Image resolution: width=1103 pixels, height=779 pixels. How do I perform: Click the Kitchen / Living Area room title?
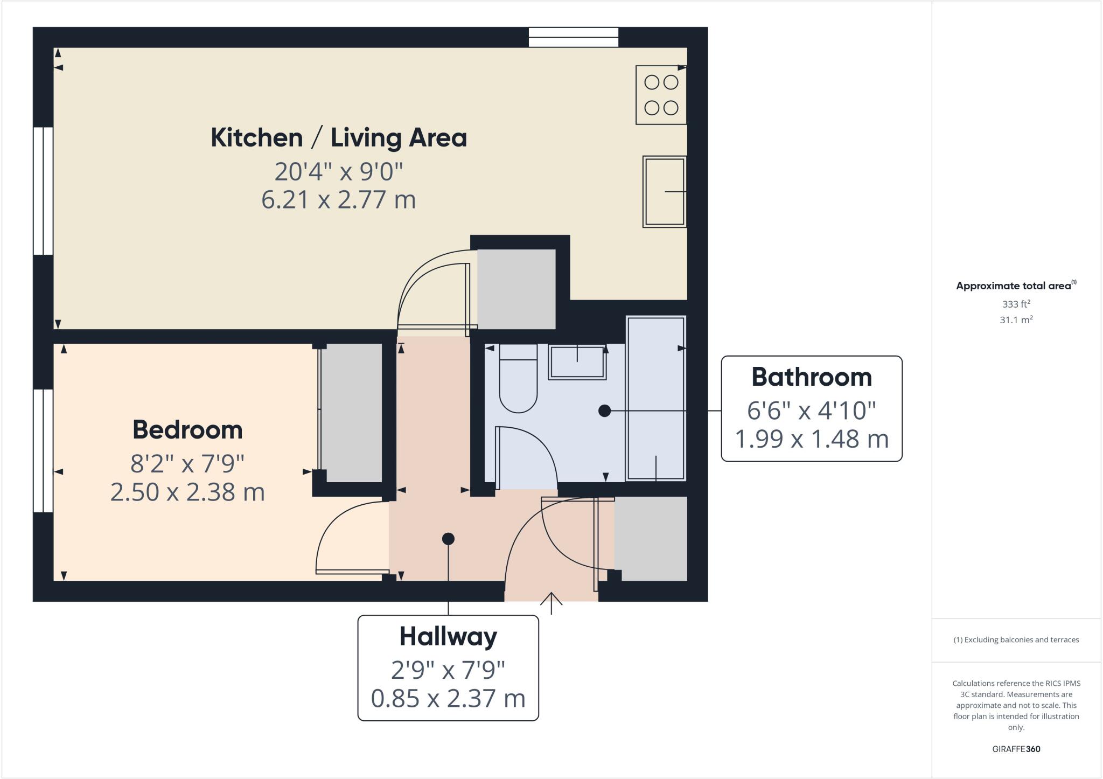tap(338, 138)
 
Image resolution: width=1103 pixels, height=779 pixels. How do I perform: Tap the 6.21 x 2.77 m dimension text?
tap(338, 200)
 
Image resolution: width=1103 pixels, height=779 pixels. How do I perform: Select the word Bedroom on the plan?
tap(187, 430)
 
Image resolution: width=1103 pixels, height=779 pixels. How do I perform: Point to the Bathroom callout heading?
tap(811, 377)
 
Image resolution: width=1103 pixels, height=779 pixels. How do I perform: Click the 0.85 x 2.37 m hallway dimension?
tap(448, 698)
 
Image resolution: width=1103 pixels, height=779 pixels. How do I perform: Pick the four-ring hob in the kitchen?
tap(661, 95)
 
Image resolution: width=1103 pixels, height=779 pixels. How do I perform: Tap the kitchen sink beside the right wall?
tap(664, 192)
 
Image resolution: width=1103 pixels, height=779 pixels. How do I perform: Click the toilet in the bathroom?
tap(518, 380)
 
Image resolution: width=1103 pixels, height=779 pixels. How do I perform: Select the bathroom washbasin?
tap(577, 362)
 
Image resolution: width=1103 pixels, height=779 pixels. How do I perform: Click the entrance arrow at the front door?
tap(551, 603)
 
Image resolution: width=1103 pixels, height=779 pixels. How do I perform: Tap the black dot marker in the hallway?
tap(448, 539)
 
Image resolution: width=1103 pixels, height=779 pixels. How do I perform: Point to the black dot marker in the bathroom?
tap(604, 411)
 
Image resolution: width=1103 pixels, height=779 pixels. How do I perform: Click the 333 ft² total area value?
tap(1016, 304)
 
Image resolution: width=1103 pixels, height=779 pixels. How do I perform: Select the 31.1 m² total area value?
tap(1016, 320)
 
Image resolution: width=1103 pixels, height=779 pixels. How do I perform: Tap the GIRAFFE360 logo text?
tap(1016, 749)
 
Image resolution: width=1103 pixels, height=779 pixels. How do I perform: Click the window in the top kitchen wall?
tap(573, 37)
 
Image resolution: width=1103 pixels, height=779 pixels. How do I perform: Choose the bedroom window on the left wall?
tap(43, 450)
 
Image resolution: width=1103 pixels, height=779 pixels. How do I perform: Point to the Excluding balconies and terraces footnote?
tap(1016, 640)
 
